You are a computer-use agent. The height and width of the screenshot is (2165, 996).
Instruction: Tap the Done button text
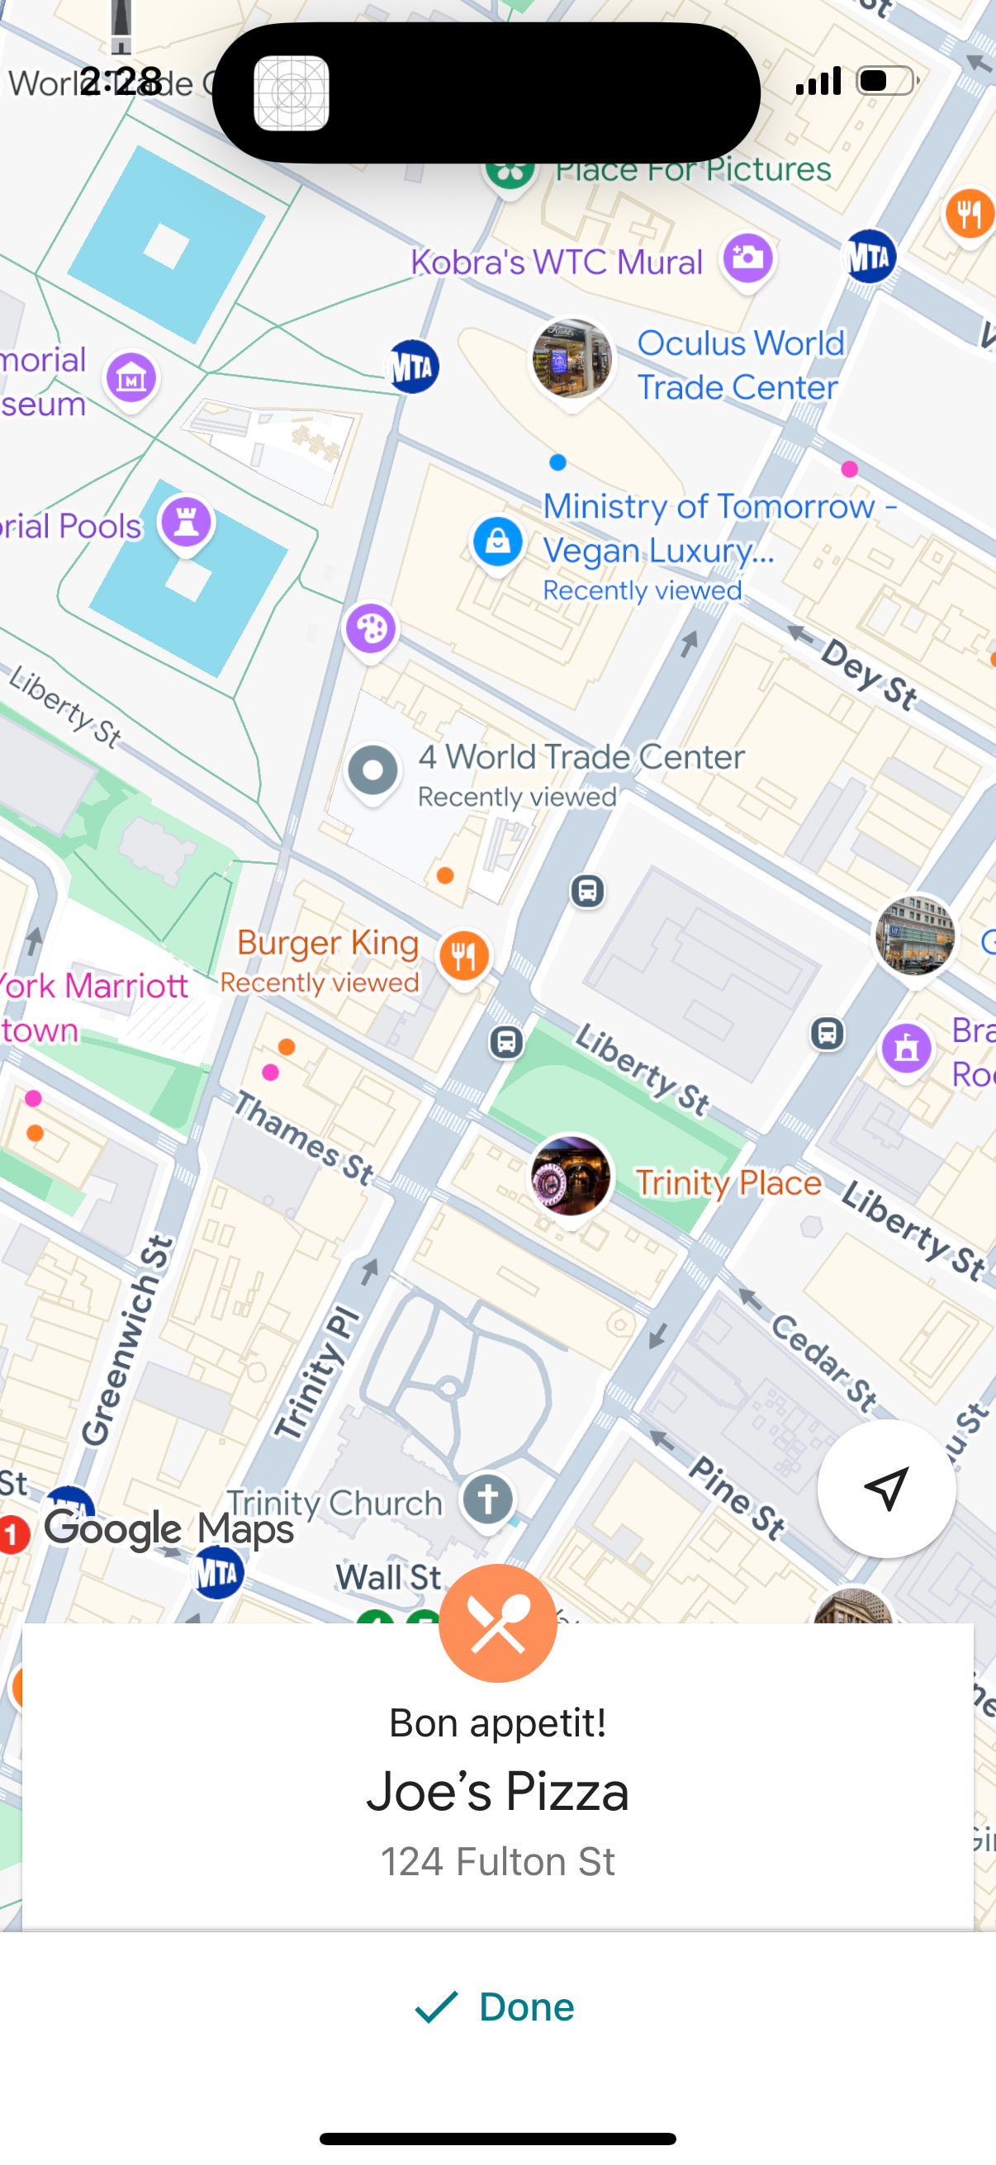tap(526, 2007)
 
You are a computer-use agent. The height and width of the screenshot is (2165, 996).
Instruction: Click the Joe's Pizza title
tap(497, 1791)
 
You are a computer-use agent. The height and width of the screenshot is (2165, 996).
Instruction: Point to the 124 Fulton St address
tap(497, 1862)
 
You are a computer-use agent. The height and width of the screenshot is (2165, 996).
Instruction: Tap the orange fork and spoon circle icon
tap(497, 1623)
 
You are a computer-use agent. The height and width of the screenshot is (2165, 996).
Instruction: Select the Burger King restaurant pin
tap(464, 955)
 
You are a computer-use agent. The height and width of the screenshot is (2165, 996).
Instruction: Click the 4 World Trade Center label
tap(581, 757)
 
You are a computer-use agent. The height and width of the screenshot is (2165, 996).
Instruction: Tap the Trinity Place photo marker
tap(571, 1176)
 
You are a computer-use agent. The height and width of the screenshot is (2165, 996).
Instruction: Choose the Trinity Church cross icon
tap(488, 1499)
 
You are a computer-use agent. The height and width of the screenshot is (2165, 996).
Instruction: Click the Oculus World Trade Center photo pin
tap(572, 359)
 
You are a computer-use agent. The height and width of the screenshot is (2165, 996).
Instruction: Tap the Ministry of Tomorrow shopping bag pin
tap(497, 542)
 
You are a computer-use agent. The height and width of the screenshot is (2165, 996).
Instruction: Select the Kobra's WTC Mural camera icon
tap(747, 257)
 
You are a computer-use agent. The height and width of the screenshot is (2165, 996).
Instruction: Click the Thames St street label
tap(303, 1138)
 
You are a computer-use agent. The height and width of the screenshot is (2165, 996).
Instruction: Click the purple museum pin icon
tap(131, 379)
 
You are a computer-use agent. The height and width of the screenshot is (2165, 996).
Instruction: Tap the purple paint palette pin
tap(371, 628)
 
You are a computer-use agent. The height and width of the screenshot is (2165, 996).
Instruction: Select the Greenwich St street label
tap(128, 1339)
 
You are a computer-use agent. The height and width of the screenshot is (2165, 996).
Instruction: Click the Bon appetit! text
tap(497, 1722)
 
